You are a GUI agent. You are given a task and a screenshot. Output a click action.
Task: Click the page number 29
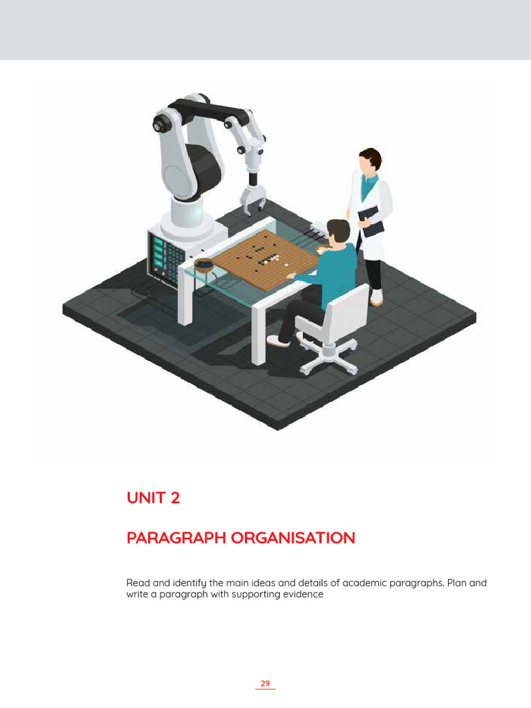(265, 683)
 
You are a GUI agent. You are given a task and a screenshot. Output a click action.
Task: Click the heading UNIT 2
(153, 498)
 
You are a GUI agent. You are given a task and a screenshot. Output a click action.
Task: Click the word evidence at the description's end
(302, 594)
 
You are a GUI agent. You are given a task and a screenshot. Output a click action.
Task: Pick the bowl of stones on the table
(203, 263)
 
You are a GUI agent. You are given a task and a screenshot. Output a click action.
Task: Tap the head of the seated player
(338, 232)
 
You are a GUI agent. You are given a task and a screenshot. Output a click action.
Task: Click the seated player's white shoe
(278, 340)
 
